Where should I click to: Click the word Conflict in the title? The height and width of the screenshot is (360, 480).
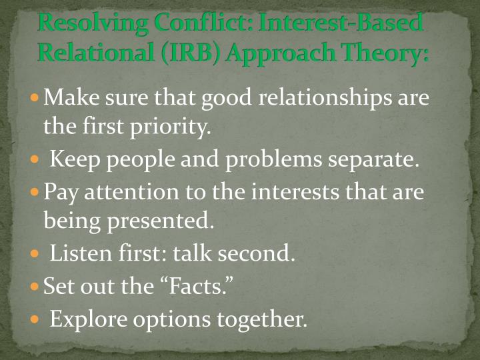[x=196, y=24]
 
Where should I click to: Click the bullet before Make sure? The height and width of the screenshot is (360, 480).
[x=36, y=98]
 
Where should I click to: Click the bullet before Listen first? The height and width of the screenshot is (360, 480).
[x=36, y=254]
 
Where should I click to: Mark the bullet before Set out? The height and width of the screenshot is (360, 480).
[x=36, y=287]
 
